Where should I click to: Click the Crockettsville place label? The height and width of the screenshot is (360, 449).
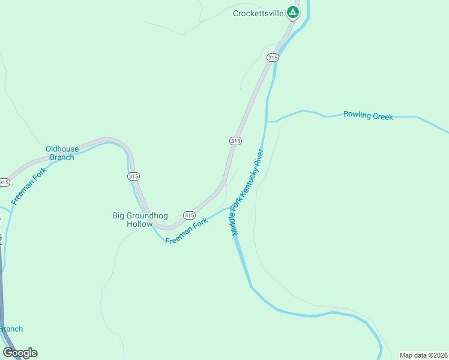258,13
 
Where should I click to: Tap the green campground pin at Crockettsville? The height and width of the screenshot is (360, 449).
292,12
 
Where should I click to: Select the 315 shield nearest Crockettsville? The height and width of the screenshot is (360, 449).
273,58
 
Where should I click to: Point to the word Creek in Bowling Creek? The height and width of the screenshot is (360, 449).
382,116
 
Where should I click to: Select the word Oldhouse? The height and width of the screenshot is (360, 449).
62,149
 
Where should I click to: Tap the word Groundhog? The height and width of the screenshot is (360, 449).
146,215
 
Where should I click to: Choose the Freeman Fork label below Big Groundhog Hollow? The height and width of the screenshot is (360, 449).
186,230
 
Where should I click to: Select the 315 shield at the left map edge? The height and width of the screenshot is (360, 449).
4,182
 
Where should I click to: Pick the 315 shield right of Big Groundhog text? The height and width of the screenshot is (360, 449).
189,215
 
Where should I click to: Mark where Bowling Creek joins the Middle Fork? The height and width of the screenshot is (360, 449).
266,122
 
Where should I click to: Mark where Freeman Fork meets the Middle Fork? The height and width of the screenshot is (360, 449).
234,208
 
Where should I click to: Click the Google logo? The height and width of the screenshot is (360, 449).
20,353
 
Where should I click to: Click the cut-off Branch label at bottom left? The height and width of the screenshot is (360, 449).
11,329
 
